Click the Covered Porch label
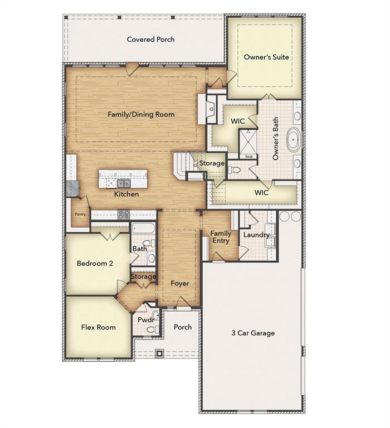click(150, 40)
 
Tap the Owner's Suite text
click(266, 57)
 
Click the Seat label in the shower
click(249, 157)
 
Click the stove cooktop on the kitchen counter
click(124, 214)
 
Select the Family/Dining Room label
click(141, 115)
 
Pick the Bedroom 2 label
click(95, 264)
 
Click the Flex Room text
click(99, 327)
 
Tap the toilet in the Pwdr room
click(151, 329)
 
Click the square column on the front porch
click(160, 353)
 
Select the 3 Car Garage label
click(253, 333)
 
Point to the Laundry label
click(256, 235)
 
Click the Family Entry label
click(221, 237)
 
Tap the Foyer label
click(180, 284)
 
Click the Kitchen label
click(126, 194)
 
